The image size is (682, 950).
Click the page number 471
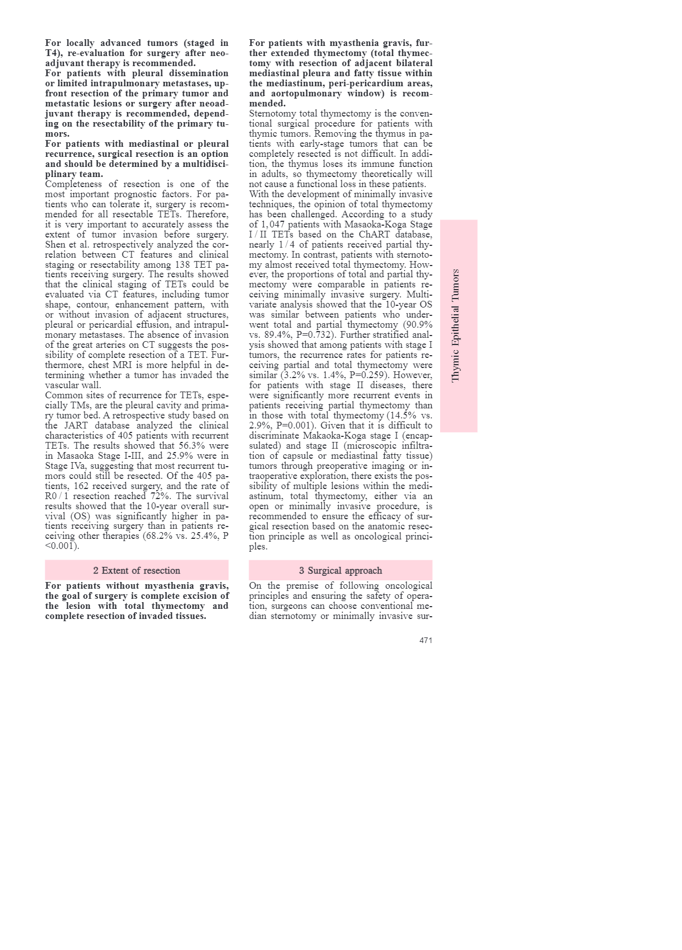click(426, 640)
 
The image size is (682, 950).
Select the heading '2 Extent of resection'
click(137, 570)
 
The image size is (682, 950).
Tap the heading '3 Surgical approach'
click(340, 570)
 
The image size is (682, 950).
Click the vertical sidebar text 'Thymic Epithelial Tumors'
click(456, 325)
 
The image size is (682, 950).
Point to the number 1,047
click(273, 225)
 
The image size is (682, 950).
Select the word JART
click(73, 426)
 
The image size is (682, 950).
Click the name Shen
click(57, 245)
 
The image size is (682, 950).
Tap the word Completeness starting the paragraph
click(74, 184)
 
